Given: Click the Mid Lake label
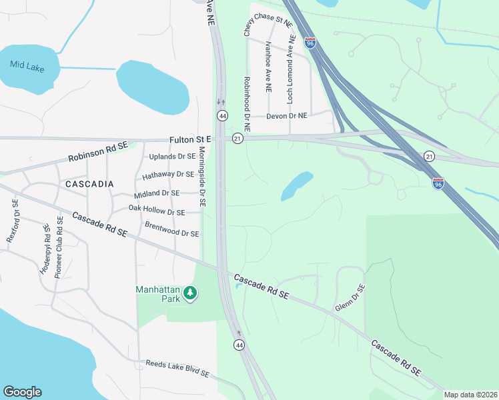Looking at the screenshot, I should pyautogui.click(x=25, y=64).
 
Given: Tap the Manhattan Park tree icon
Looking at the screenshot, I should pyautogui.click(x=191, y=293).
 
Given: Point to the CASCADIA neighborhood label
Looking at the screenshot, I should pyautogui.click(x=89, y=183).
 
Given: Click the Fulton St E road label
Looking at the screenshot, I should pyautogui.click(x=190, y=139).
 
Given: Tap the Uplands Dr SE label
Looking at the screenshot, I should pyautogui.click(x=172, y=157).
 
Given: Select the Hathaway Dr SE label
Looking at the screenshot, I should pyautogui.click(x=168, y=175).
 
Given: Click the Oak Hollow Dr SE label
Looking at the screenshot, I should pyautogui.click(x=157, y=211).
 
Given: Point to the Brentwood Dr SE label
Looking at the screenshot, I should pyautogui.click(x=172, y=230).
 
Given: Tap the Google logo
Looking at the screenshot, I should pyautogui.click(x=22, y=392).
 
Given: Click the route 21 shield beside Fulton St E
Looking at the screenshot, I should pyautogui.click(x=237, y=138).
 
